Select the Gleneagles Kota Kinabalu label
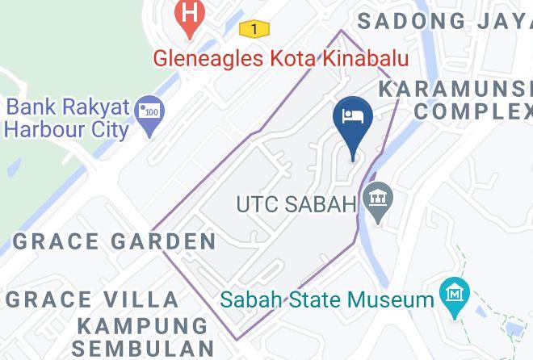[282, 59]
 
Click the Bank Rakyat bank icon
[149, 107]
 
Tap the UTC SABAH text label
[296, 204]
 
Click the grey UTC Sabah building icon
[376, 197]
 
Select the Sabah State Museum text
[327, 300]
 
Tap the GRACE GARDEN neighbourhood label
[115, 241]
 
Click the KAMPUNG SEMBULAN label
[143, 337]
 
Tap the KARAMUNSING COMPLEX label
[461, 99]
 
